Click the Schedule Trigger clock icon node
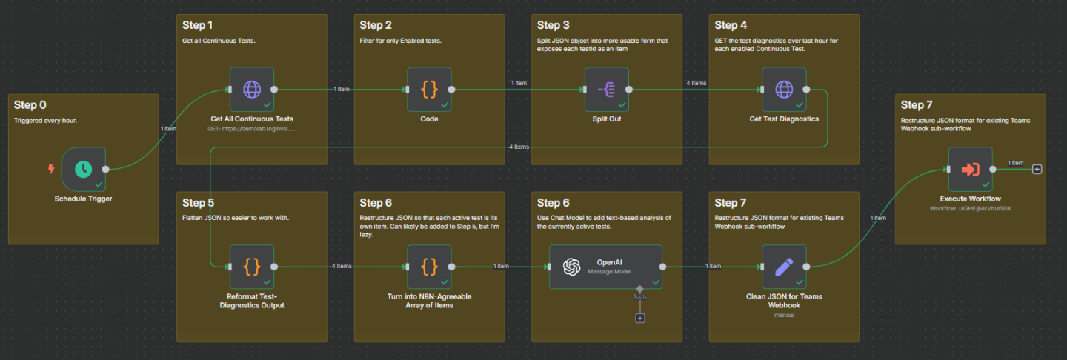pos(83,168)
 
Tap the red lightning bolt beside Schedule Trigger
pos(51,169)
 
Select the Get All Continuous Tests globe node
pos(252,90)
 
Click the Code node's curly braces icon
pos(430,90)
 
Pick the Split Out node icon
pos(607,90)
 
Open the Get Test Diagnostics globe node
pos(784,90)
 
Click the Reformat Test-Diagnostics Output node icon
pos(252,267)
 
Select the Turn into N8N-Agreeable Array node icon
pos(430,267)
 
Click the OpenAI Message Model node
pos(605,267)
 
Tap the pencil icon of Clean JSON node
pos(784,267)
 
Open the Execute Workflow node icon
pos(970,169)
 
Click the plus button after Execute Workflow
pos(1037,169)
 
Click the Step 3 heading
pos(554,25)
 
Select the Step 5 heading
pos(199,202)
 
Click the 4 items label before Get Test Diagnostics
pos(696,83)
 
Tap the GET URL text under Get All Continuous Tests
pos(251,128)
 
